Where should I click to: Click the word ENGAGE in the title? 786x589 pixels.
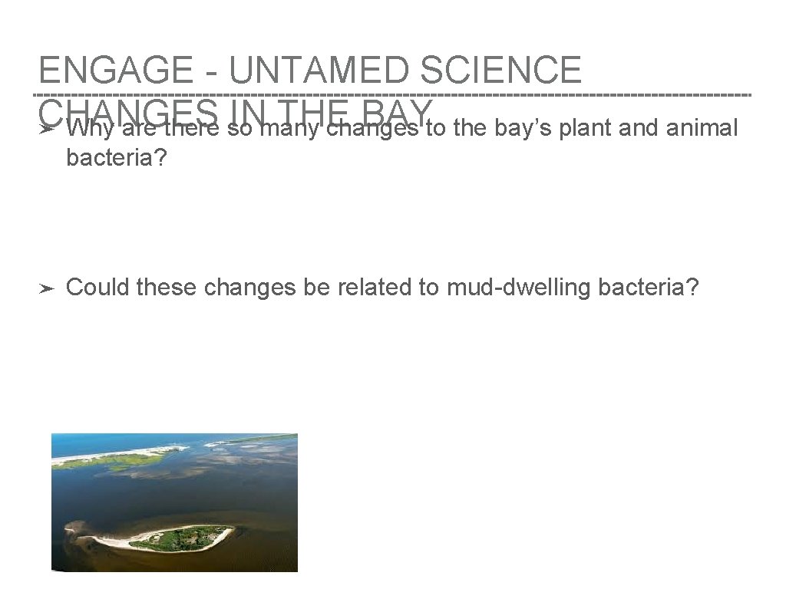pos(116,71)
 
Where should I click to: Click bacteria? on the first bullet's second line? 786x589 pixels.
pos(117,157)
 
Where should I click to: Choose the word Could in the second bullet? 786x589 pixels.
pos(97,288)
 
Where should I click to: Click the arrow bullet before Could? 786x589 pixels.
pos(46,288)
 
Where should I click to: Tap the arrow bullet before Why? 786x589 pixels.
pos(46,130)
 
